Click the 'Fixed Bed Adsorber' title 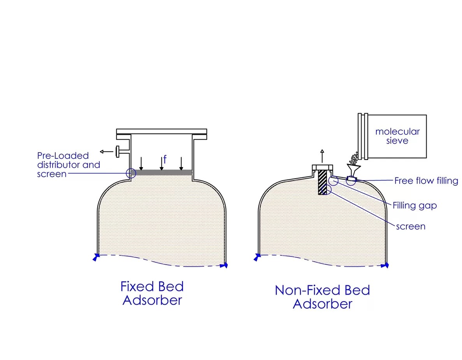(x=152, y=293)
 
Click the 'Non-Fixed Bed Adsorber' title (x=322, y=297)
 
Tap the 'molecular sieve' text (x=397, y=136)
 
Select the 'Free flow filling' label (x=426, y=181)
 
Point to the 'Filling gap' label (x=415, y=205)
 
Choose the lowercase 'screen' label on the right (x=411, y=226)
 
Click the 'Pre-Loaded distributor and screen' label (x=69, y=165)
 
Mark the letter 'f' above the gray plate (x=165, y=160)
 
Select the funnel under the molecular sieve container (x=353, y=170)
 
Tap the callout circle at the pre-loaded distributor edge (x=131, y=173)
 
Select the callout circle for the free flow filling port (x=351, y=181)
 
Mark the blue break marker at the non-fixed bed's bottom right (x=386, y=265)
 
